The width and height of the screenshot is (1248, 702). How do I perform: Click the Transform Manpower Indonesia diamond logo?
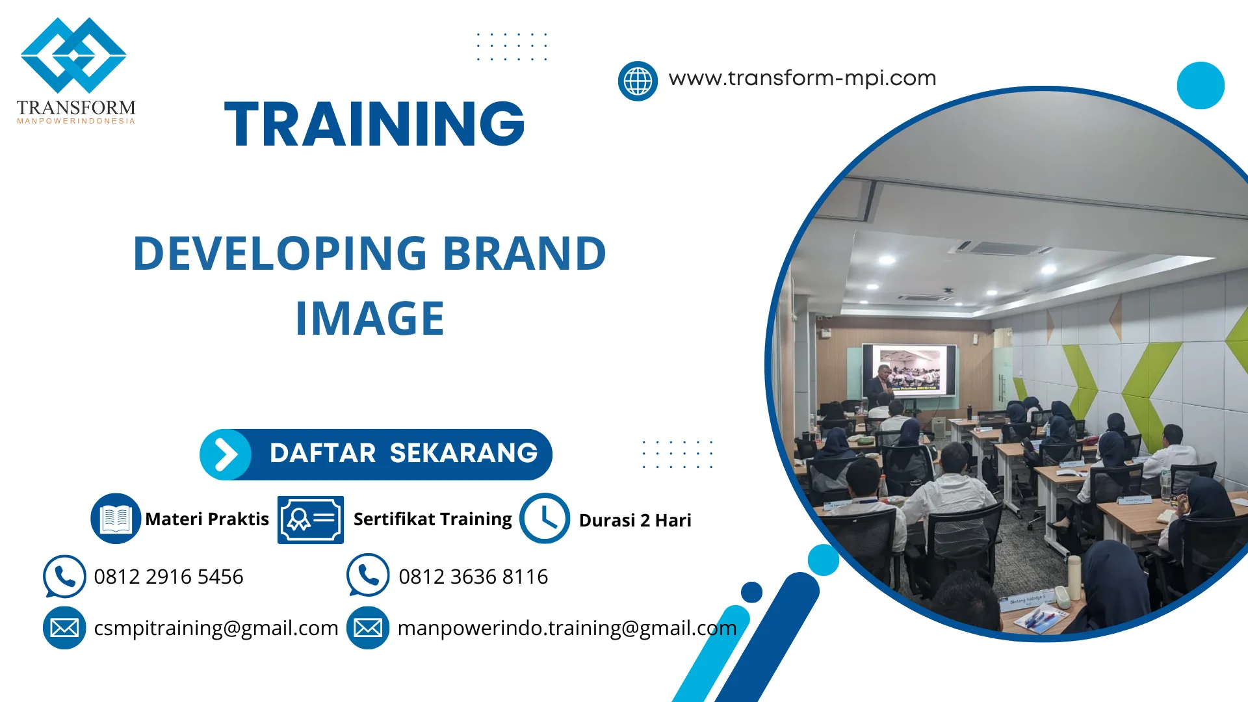[73, 55]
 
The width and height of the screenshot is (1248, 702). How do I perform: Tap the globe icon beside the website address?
[638, 81]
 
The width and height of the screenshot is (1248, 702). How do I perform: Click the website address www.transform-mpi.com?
[802, 78]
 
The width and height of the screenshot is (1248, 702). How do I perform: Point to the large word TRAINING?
[374, 123]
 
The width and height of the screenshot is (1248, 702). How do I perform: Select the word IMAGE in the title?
[370, 318]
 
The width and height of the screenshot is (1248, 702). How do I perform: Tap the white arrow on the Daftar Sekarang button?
[226, 454]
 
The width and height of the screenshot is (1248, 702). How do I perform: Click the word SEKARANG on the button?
[463, 453]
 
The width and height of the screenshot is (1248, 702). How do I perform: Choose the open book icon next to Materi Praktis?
[116, 519]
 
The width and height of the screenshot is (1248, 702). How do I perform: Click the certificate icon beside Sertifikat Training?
[311, 519]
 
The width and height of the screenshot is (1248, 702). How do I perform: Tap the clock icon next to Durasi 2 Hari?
[545, 518]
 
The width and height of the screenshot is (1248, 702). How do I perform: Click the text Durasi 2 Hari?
[635, 520]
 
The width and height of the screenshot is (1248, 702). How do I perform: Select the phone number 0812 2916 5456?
[168, 577]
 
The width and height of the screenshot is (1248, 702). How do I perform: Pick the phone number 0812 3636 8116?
[473, 577]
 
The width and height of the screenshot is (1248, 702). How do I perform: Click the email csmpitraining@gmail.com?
[216, 628]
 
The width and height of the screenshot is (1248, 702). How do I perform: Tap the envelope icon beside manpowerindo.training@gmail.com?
[368, 628]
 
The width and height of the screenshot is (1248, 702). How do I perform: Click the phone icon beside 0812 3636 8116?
[368, 575]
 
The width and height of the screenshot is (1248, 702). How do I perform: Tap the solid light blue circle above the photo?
[1201, 85]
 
